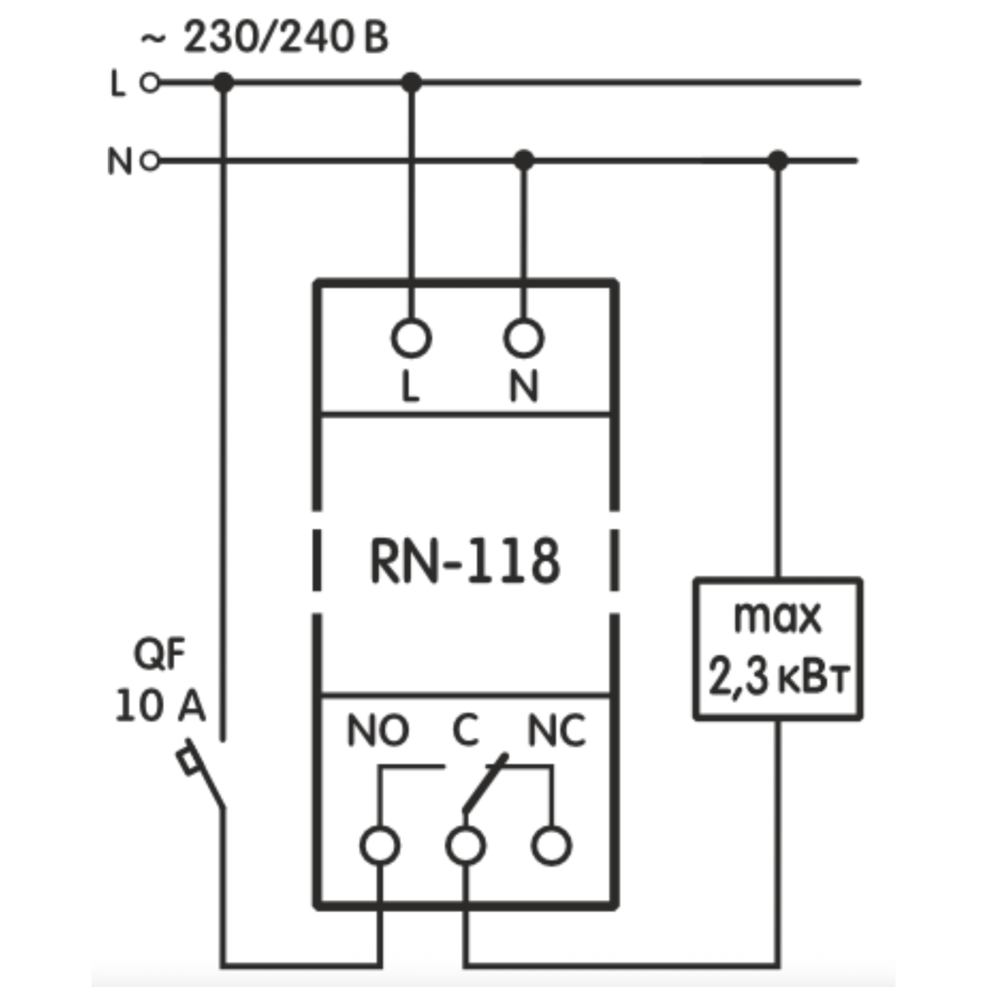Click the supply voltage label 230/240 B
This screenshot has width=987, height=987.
[286, 38]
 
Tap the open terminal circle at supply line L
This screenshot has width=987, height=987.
[150, 83]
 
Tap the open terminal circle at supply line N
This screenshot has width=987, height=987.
[150, 161]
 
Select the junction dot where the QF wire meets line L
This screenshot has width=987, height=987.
[224, 83]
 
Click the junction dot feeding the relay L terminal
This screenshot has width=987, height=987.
[411, 83]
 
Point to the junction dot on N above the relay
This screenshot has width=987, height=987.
[524, 160]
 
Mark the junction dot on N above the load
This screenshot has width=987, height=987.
[778, 160]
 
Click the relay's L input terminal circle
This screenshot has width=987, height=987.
[411, 338]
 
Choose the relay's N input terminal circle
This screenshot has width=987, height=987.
[524, 338]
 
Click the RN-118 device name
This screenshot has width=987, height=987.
[465, 561]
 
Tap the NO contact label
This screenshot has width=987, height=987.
[378, 731]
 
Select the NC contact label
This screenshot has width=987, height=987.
[557, 731]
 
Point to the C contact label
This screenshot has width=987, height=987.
[466, 731]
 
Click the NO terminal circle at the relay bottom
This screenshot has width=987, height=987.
[380, 846]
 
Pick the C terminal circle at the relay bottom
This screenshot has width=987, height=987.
[466, 846]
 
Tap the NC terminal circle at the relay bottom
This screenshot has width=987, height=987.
[551, 846]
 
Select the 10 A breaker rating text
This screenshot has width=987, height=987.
[161, 707]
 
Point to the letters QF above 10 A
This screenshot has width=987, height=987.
[160, 655]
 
